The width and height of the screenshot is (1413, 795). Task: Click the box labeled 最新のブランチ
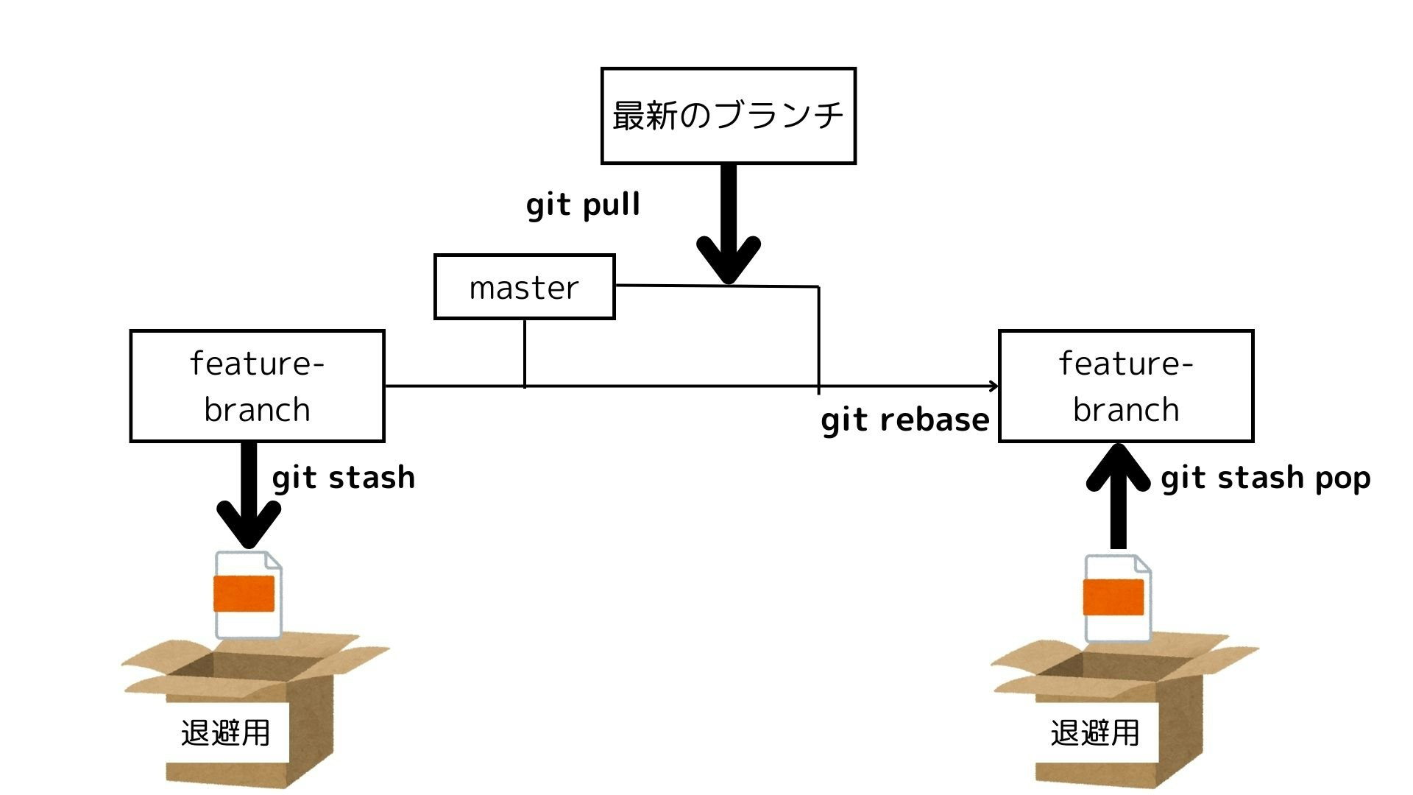(728, 116)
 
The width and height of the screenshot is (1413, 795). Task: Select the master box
(524, 287)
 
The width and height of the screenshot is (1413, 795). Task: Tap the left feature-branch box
(257, 386)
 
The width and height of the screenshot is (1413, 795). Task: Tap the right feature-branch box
(1125, 386)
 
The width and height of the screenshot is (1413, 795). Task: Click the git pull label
(583, 204)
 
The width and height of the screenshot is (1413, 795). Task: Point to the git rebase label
(904, 420)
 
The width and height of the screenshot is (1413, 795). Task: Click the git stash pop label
(1265, 478)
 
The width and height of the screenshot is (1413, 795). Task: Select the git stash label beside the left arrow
(343, 478)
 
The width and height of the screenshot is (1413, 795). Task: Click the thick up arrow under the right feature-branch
(1118, 501)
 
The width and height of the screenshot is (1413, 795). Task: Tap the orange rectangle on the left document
(244, 594)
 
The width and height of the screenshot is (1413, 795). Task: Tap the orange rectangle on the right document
(1113, 597)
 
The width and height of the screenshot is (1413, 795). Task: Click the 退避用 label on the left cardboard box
(225, 732)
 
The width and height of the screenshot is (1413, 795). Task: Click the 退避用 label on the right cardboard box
(1094, 732)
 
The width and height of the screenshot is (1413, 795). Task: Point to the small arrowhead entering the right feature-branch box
(994, 386)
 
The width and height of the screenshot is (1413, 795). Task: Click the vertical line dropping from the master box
(524, 352)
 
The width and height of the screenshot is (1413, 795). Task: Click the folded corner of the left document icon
(273, 561)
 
